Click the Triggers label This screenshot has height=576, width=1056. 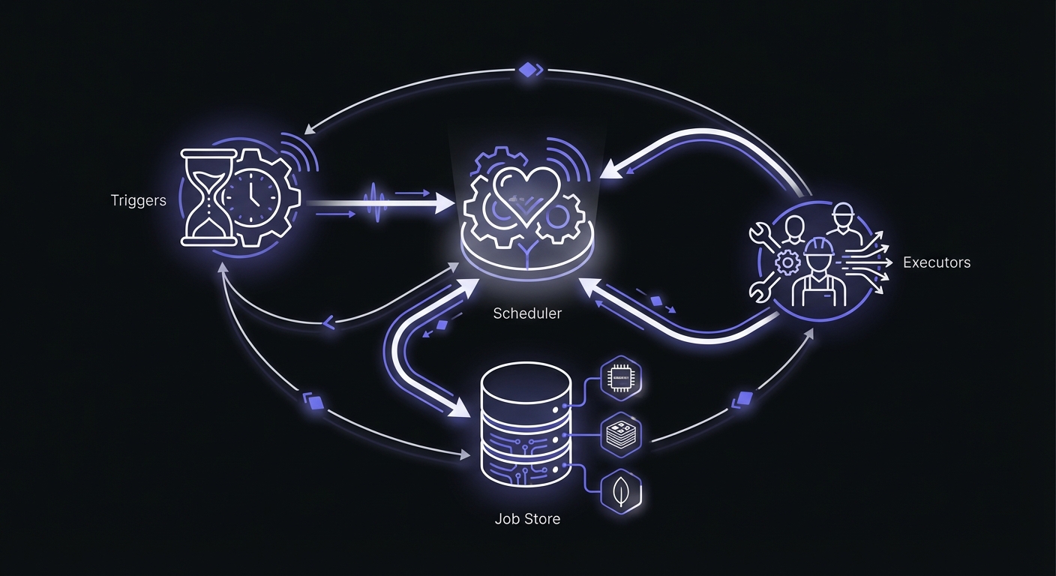[x=138, y=200]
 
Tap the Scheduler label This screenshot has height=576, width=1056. [x=526, y=313]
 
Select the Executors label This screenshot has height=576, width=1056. [x=936, y=262]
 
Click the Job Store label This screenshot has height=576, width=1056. [x=526, y=518]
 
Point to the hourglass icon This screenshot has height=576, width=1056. [x=205, y=198]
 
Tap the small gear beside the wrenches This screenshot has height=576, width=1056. [x=787, y=262]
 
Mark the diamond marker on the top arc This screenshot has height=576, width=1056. [x=529, y=70]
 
